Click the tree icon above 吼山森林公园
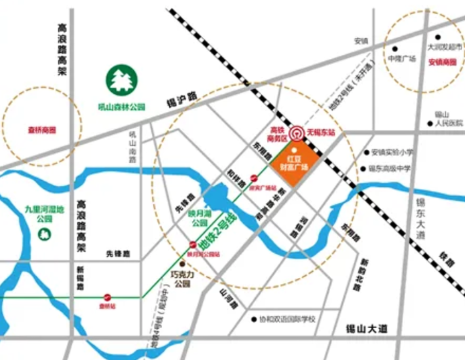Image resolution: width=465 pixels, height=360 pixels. tap(122, 81)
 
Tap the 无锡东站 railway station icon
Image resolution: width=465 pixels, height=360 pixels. tap(296, 133)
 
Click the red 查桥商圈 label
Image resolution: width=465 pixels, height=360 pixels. tap(42, 130)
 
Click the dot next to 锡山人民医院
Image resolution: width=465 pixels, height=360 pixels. tap(430, 123)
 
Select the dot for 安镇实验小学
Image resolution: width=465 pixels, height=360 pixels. tap(366, 152)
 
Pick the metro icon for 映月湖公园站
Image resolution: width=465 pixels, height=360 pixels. tap(193, 245)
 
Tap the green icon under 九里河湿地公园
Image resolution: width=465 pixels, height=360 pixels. tap(42, 234)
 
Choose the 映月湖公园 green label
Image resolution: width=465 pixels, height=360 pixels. tap(198, 219)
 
